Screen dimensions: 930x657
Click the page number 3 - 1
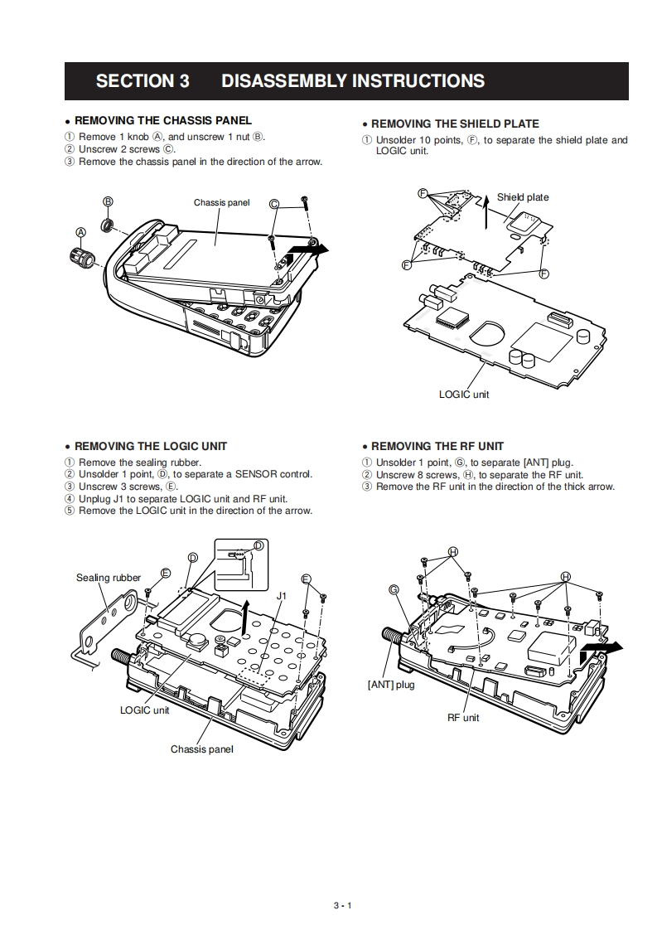343,905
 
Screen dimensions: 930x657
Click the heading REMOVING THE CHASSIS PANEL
163,120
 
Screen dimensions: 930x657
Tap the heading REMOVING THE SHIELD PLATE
455,124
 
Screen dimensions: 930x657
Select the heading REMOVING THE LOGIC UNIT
151,446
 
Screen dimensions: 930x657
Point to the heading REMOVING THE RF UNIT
437,446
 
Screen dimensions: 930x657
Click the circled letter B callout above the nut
108,201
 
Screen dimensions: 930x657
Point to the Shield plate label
523,197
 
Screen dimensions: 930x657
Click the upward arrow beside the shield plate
487,208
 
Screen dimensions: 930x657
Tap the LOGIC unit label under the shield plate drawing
464,394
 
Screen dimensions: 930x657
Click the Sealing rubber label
109,578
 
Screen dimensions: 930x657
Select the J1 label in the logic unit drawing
282,595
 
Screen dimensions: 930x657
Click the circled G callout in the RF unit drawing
394,589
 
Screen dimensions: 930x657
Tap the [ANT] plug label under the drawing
391,685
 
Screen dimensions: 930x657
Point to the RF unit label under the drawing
463,717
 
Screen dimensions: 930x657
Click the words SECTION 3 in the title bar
143,81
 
